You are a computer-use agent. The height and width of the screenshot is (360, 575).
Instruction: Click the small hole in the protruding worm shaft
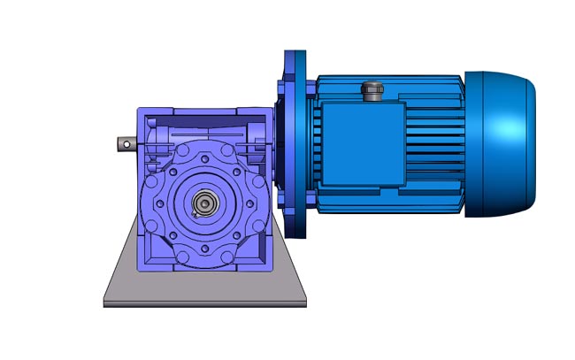pos(126,142)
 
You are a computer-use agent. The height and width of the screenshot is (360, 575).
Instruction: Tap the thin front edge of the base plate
pos(204,303)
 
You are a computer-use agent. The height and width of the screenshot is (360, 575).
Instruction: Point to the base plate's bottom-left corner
pos(105,306)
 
